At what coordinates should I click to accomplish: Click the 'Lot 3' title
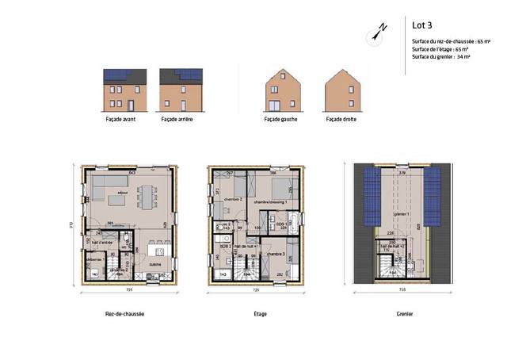point(422,22)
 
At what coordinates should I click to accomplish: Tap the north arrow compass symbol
point(378,32)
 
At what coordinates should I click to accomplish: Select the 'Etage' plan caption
point(255,314)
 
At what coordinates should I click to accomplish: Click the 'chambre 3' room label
point(276,253)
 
